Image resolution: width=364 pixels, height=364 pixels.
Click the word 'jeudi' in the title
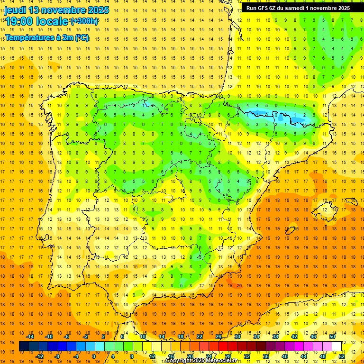16,10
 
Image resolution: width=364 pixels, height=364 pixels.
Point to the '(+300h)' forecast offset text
84,21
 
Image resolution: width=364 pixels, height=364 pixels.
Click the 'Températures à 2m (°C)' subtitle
46,37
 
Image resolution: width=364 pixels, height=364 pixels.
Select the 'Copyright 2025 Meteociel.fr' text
201,361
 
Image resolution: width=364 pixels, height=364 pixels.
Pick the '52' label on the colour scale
342,356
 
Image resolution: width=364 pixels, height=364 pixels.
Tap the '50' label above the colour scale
332,337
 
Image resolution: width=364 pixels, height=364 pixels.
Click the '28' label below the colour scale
228,356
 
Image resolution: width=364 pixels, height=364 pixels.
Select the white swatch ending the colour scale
337,346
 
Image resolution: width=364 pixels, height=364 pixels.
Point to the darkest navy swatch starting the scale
24,346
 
